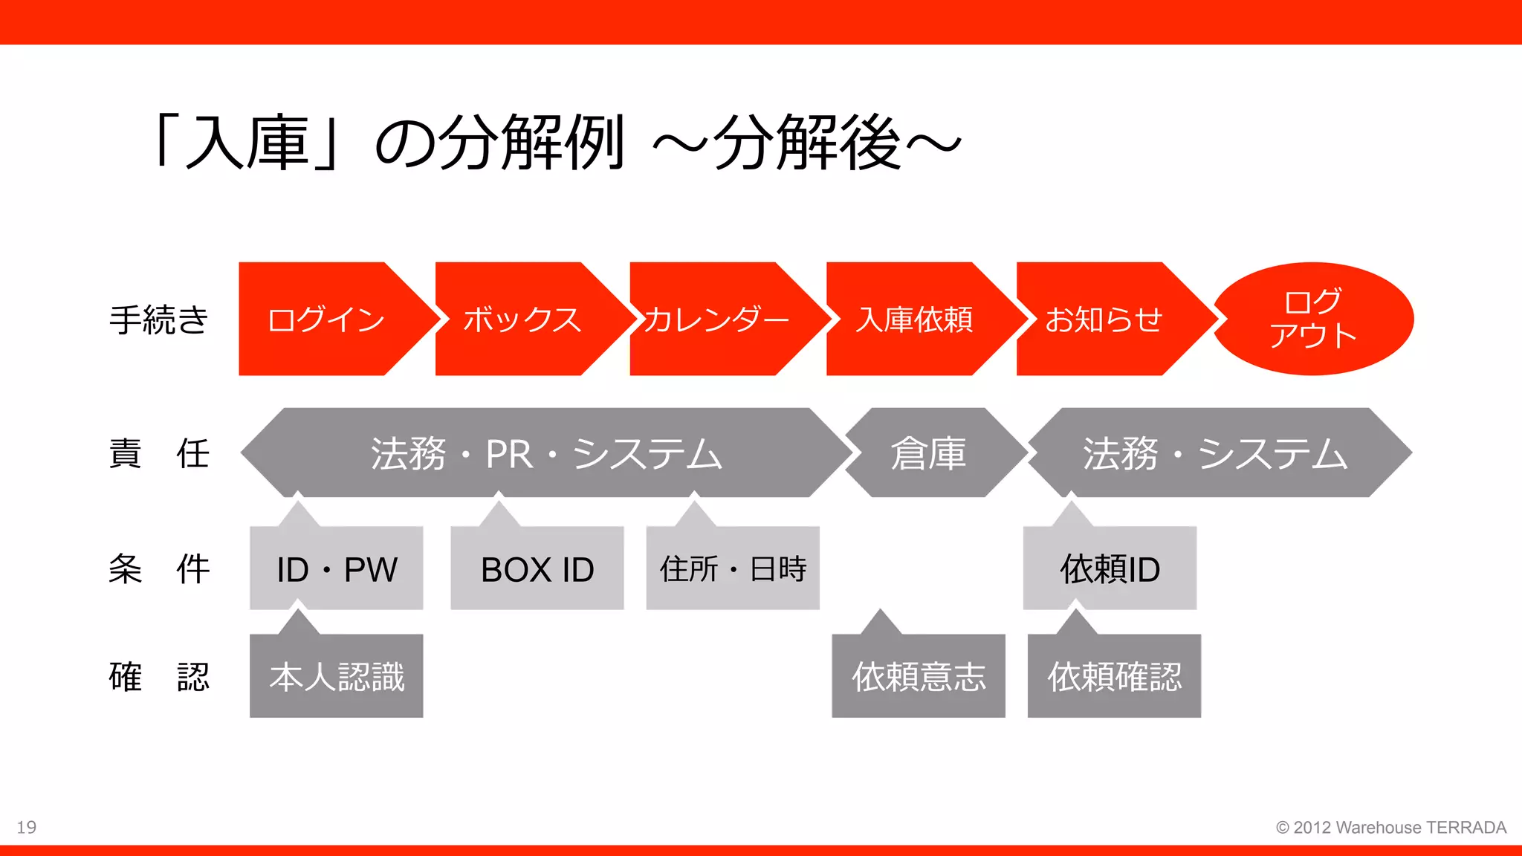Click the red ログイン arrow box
327,320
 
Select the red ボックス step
522,320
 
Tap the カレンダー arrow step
716,320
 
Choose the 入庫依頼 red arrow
914,320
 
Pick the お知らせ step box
1104,320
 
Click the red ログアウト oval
1313,319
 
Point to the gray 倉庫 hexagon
929,453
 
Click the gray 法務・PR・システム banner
546,453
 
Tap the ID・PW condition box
337,569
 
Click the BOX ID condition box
537,569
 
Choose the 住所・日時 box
733,569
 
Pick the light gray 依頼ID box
1110,569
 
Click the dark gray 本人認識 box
337,676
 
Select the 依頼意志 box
919,676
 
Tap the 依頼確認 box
1114,676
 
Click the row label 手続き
158,320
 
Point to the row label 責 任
158,453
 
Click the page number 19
27,827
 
